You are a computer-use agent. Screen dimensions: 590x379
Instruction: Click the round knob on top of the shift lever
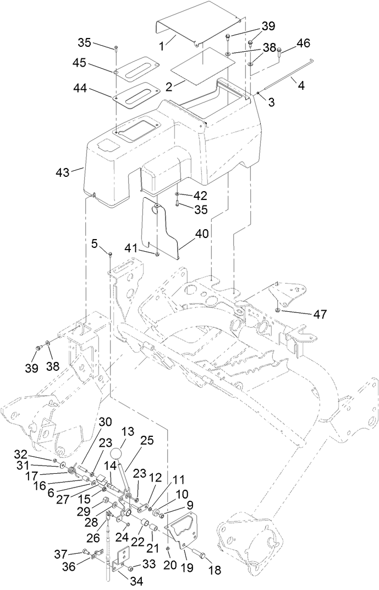pos(117,454)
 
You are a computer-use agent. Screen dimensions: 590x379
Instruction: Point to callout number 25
pos(145,441)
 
